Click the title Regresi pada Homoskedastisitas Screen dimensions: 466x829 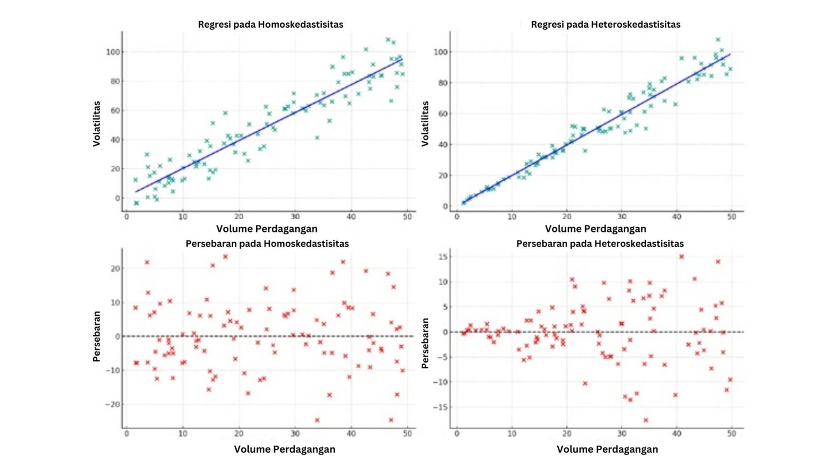click(271, 25)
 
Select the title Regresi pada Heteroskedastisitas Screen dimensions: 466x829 click(606, 25)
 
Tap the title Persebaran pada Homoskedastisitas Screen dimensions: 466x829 click(267, 243)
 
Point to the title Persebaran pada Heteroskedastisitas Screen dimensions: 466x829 click(600, 243)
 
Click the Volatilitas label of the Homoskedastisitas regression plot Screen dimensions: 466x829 click(97, 124)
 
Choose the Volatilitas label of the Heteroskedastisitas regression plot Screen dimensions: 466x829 click(425, 124)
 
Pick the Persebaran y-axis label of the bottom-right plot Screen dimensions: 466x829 click(425, 343)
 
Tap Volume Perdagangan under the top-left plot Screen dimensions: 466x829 click(267, 229)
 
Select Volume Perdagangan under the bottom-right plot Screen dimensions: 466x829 click(607, 449)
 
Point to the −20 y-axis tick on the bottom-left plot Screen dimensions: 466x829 click(112, 404)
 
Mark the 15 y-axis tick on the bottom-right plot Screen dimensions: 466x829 click(444, 257)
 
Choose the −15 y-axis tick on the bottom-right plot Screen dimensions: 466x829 click(442, 407)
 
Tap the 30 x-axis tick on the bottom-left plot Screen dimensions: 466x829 click(295, 436)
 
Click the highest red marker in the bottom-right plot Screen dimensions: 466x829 click(682, 257)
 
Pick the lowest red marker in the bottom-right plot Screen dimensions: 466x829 click(646, 420)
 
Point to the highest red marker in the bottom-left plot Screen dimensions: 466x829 click(226, 257)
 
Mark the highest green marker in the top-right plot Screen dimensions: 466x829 click(718, 40)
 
